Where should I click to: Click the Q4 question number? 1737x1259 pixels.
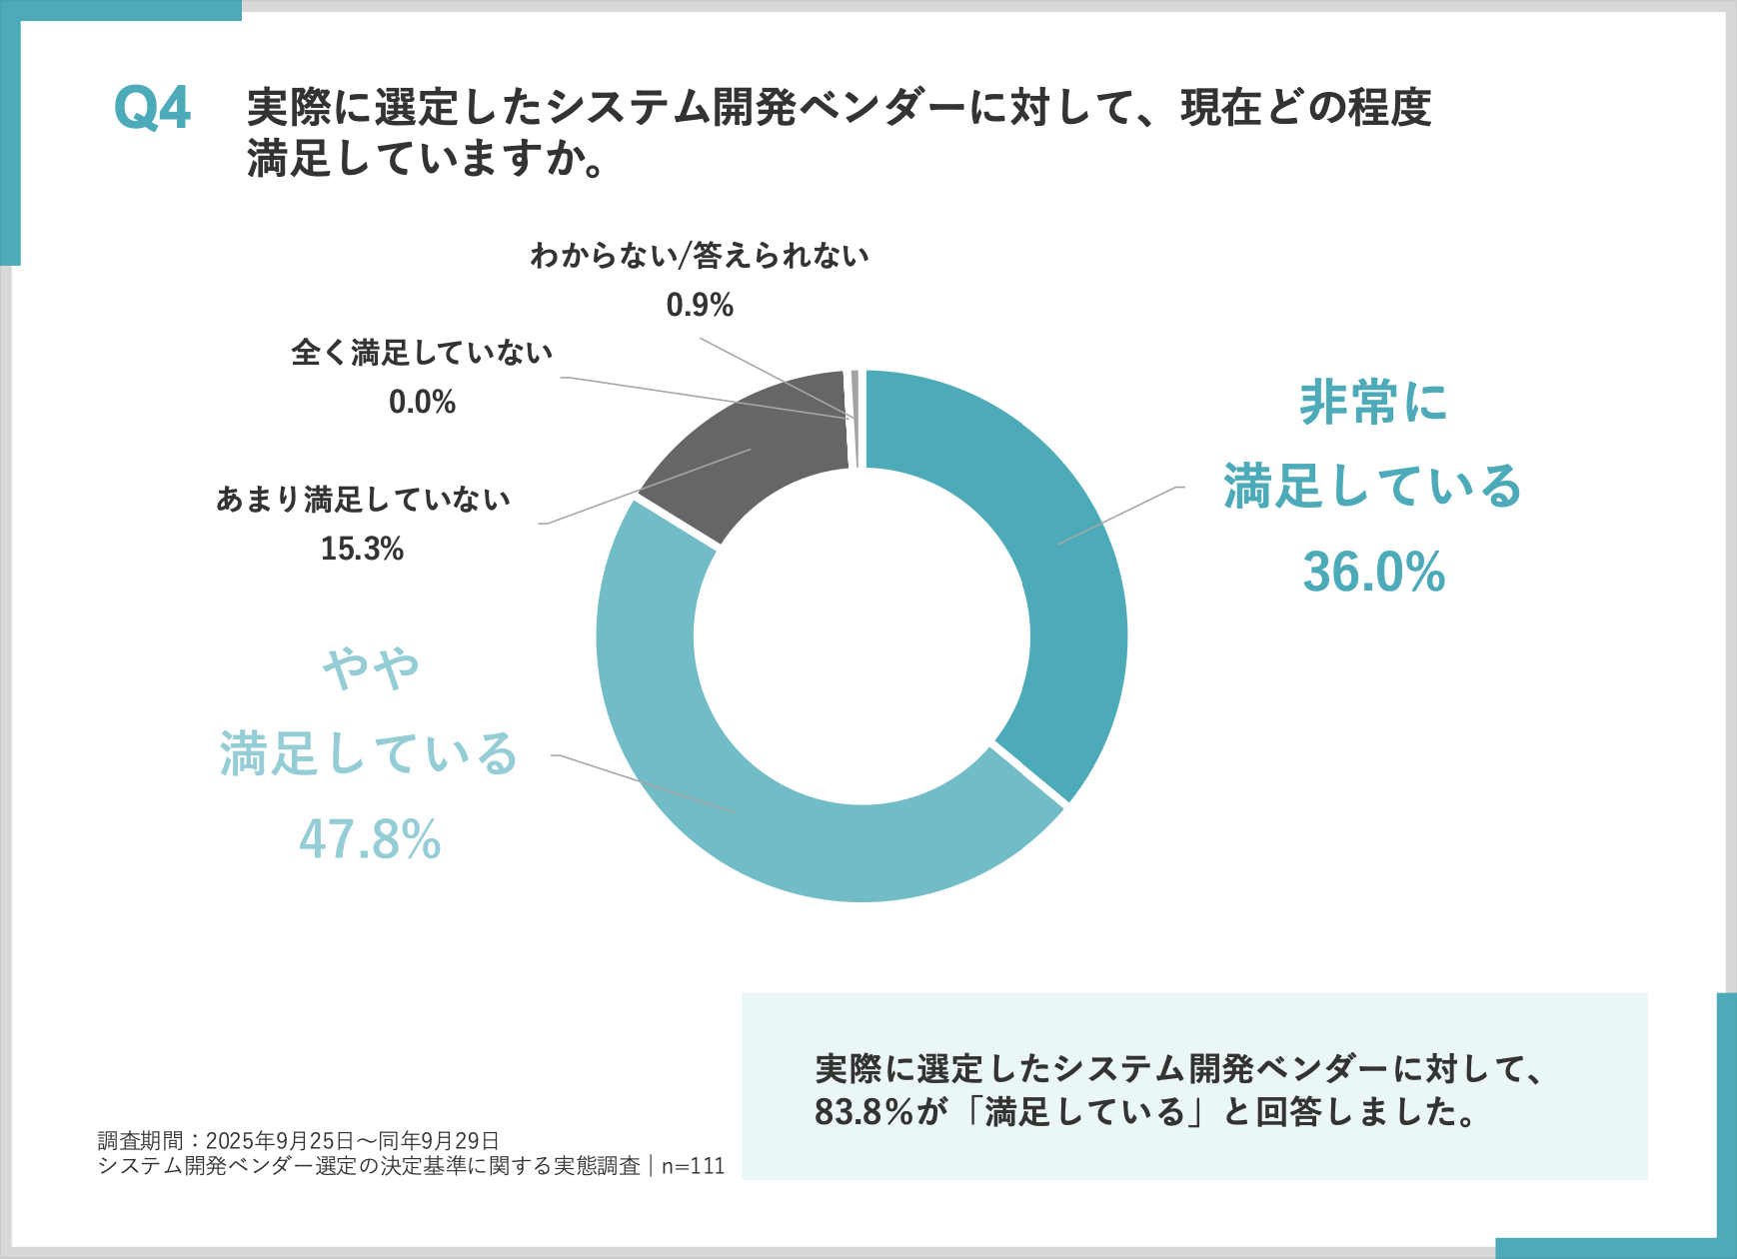click(x=152, y=108)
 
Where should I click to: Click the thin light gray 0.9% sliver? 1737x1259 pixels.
click(x=855, y=420)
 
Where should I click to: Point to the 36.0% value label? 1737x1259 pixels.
click(x=1374, y=573)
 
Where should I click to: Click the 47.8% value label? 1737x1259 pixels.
click(x=370, y=839)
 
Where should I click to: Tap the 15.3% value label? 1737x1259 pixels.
click(x=362, y=549)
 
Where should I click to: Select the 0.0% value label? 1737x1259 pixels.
click(x=422, y=402)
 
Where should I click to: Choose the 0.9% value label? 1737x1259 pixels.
click(x=700, y=305)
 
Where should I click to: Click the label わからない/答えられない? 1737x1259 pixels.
click(x=700, y=256)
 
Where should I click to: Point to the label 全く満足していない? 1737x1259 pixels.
click(x=422, y=353)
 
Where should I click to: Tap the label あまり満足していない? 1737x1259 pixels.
click(x=363, y=500)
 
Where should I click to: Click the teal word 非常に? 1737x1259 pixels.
click(x=1374, y=403)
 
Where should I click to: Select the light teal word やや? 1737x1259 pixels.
click(x=371, y=669)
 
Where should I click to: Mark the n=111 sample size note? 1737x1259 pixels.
click(x=693, y=1166)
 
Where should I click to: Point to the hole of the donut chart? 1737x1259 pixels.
click(x=862, y=635)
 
